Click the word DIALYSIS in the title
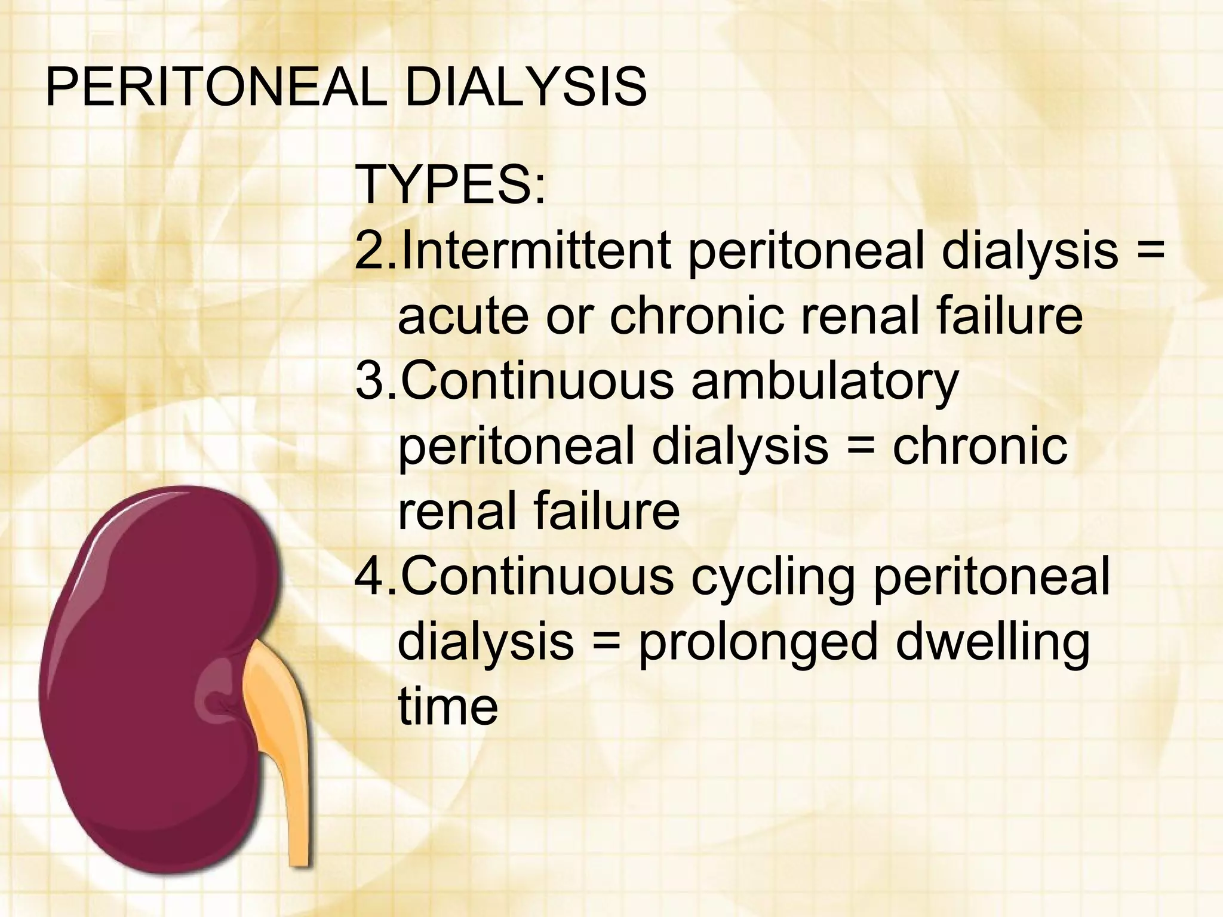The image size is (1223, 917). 526,88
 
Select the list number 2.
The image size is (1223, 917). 371,251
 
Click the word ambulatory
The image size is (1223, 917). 824,382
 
